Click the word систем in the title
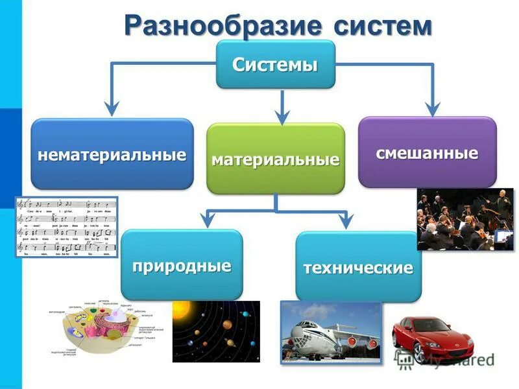click(x=383, y=25)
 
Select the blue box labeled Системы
click(x=275, y=64)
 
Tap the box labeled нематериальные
click(x=112, y=154)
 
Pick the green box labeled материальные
click(x=275, y=159)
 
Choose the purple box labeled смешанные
click(x=427, y=152)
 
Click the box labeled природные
click(x=182, y=265)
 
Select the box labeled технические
click(x=358, y=266)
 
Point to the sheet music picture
click(x=66, y=227)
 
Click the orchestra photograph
click(x=465, y=219)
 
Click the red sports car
click(x=432, y=337)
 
